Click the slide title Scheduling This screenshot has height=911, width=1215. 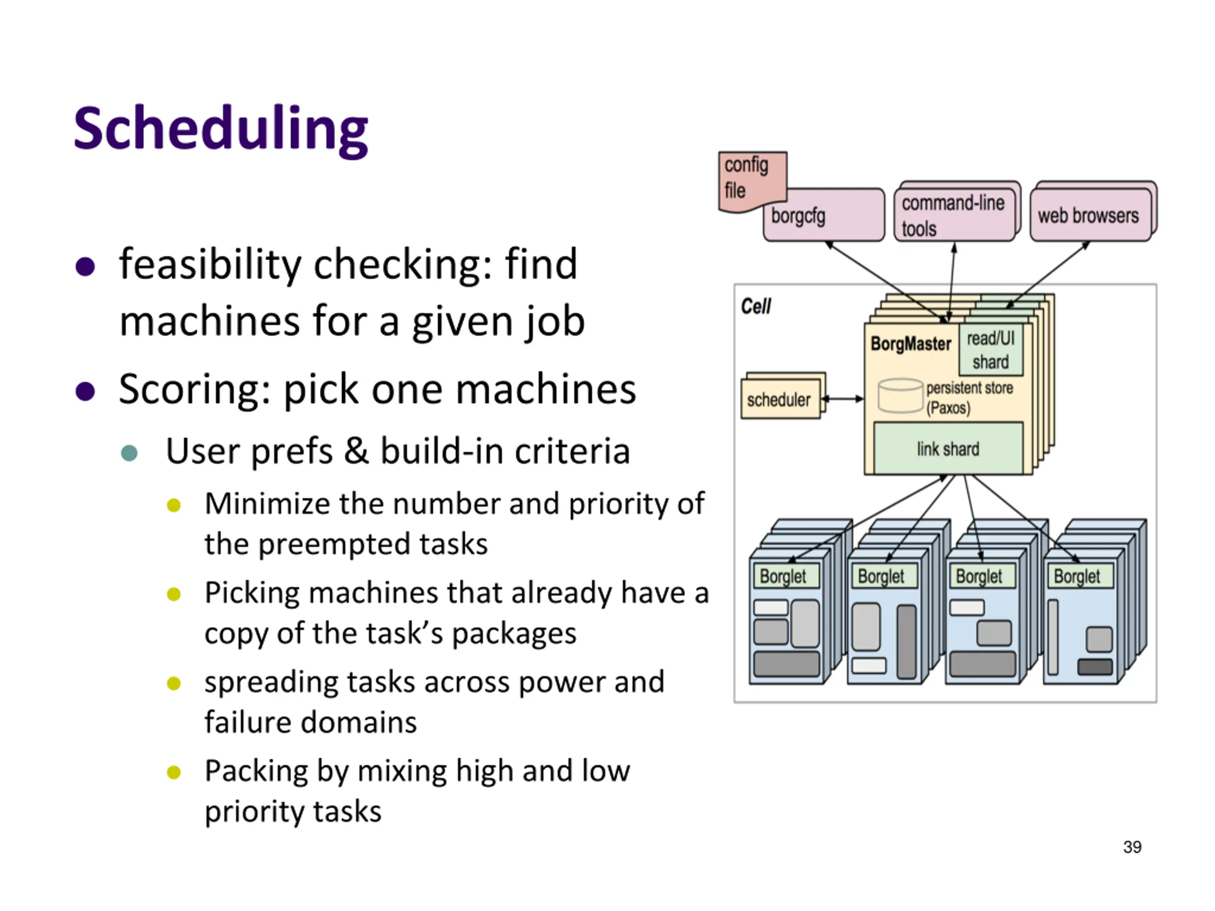[221, 129]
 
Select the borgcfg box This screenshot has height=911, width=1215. [824, 216]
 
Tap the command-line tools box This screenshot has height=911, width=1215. [954, 215]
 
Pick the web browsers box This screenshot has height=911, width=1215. [1089, 215]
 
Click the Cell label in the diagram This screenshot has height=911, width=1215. [756, 307]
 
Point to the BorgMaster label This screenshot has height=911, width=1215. [910, 344]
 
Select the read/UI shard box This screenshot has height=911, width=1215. [991, 350]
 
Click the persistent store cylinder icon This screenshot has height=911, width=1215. [900, 395]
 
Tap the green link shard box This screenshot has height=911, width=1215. [948, 449]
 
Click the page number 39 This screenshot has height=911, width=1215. [1132, 847]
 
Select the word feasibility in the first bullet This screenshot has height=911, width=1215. [209, 265]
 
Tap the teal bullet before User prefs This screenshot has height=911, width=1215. [129, 453]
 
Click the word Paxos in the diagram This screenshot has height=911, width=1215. [949, 408]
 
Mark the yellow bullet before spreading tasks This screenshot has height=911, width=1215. [174, 683]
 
